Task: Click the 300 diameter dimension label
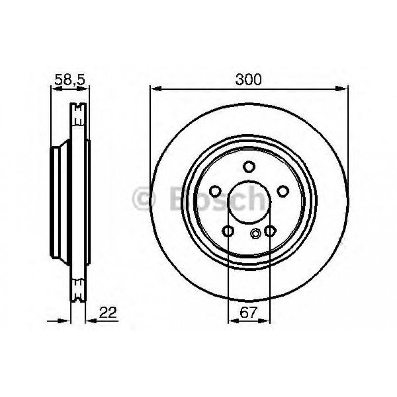[248, 79]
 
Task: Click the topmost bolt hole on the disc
[250, 166]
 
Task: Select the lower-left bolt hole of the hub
[228, 230]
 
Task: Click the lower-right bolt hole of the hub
[270, 230]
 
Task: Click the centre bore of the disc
[249, 202]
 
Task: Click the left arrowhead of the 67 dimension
[232, 321]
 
